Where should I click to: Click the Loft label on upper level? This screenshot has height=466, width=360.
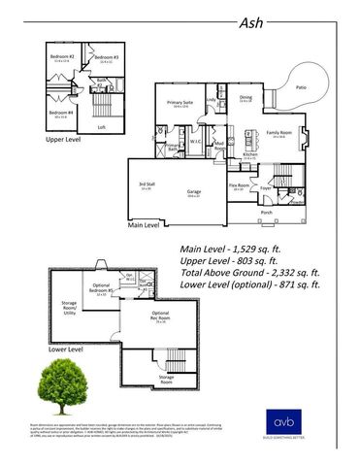point(102,126)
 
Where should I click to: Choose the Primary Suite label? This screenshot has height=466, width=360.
point(180,103)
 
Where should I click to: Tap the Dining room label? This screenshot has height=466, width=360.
point(245,98)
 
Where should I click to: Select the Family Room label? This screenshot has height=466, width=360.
point(279,132)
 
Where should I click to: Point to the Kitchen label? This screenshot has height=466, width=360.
point(249,155)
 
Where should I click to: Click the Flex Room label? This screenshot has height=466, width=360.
point(240,185)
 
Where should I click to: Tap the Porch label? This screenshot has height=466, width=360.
point(266,211)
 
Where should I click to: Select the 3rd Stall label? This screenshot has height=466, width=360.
point(147,185)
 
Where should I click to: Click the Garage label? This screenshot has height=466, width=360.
point(193,192)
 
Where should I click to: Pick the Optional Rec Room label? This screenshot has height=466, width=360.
point(162,317)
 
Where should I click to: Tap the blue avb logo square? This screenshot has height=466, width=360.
point(280,422)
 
